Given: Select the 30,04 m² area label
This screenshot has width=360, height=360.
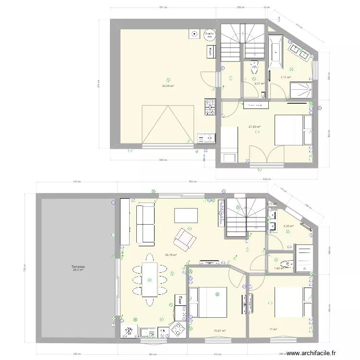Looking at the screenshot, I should coord(168,86).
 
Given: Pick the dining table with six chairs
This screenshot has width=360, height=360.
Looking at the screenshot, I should coord(149,279).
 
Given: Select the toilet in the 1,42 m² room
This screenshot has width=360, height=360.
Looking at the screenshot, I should coord(288,263).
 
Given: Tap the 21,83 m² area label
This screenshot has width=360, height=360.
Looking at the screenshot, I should coord(254,127).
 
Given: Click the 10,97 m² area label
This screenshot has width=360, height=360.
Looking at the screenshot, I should coord(219,330).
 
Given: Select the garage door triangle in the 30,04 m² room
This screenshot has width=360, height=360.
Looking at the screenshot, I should coord(168,124).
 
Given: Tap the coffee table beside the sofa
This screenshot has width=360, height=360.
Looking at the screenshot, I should coord(186,215).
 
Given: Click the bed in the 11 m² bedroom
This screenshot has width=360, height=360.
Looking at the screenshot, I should coord(288,302).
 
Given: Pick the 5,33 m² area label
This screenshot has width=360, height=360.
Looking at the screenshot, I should coord(288,226).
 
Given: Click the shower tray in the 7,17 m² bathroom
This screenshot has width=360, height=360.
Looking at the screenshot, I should coord(301,89).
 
